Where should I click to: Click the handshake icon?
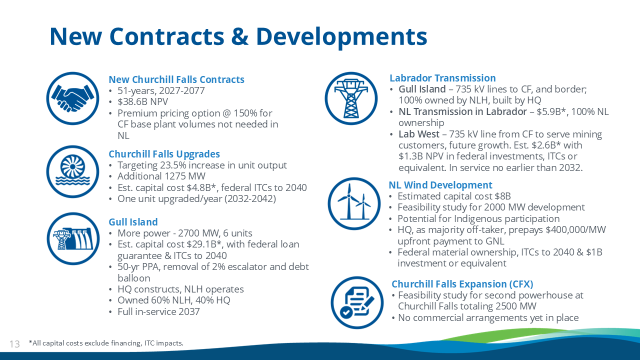point(72,98)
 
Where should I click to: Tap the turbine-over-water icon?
point(72,171)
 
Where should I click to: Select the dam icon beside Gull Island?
point(73,238)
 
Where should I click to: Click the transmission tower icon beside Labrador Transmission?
point(351,98)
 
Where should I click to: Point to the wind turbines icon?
point(354,203)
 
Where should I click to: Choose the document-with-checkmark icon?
point(357,302)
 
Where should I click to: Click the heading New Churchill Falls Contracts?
point(176,79)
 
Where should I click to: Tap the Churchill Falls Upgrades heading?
point(164,154)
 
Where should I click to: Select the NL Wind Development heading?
point(440,185)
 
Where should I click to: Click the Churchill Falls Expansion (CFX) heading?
point(462,284)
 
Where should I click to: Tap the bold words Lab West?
point(419,134)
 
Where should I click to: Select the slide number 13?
point(14,343)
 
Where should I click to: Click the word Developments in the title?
point(341,37)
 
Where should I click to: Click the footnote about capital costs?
point(106,343)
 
